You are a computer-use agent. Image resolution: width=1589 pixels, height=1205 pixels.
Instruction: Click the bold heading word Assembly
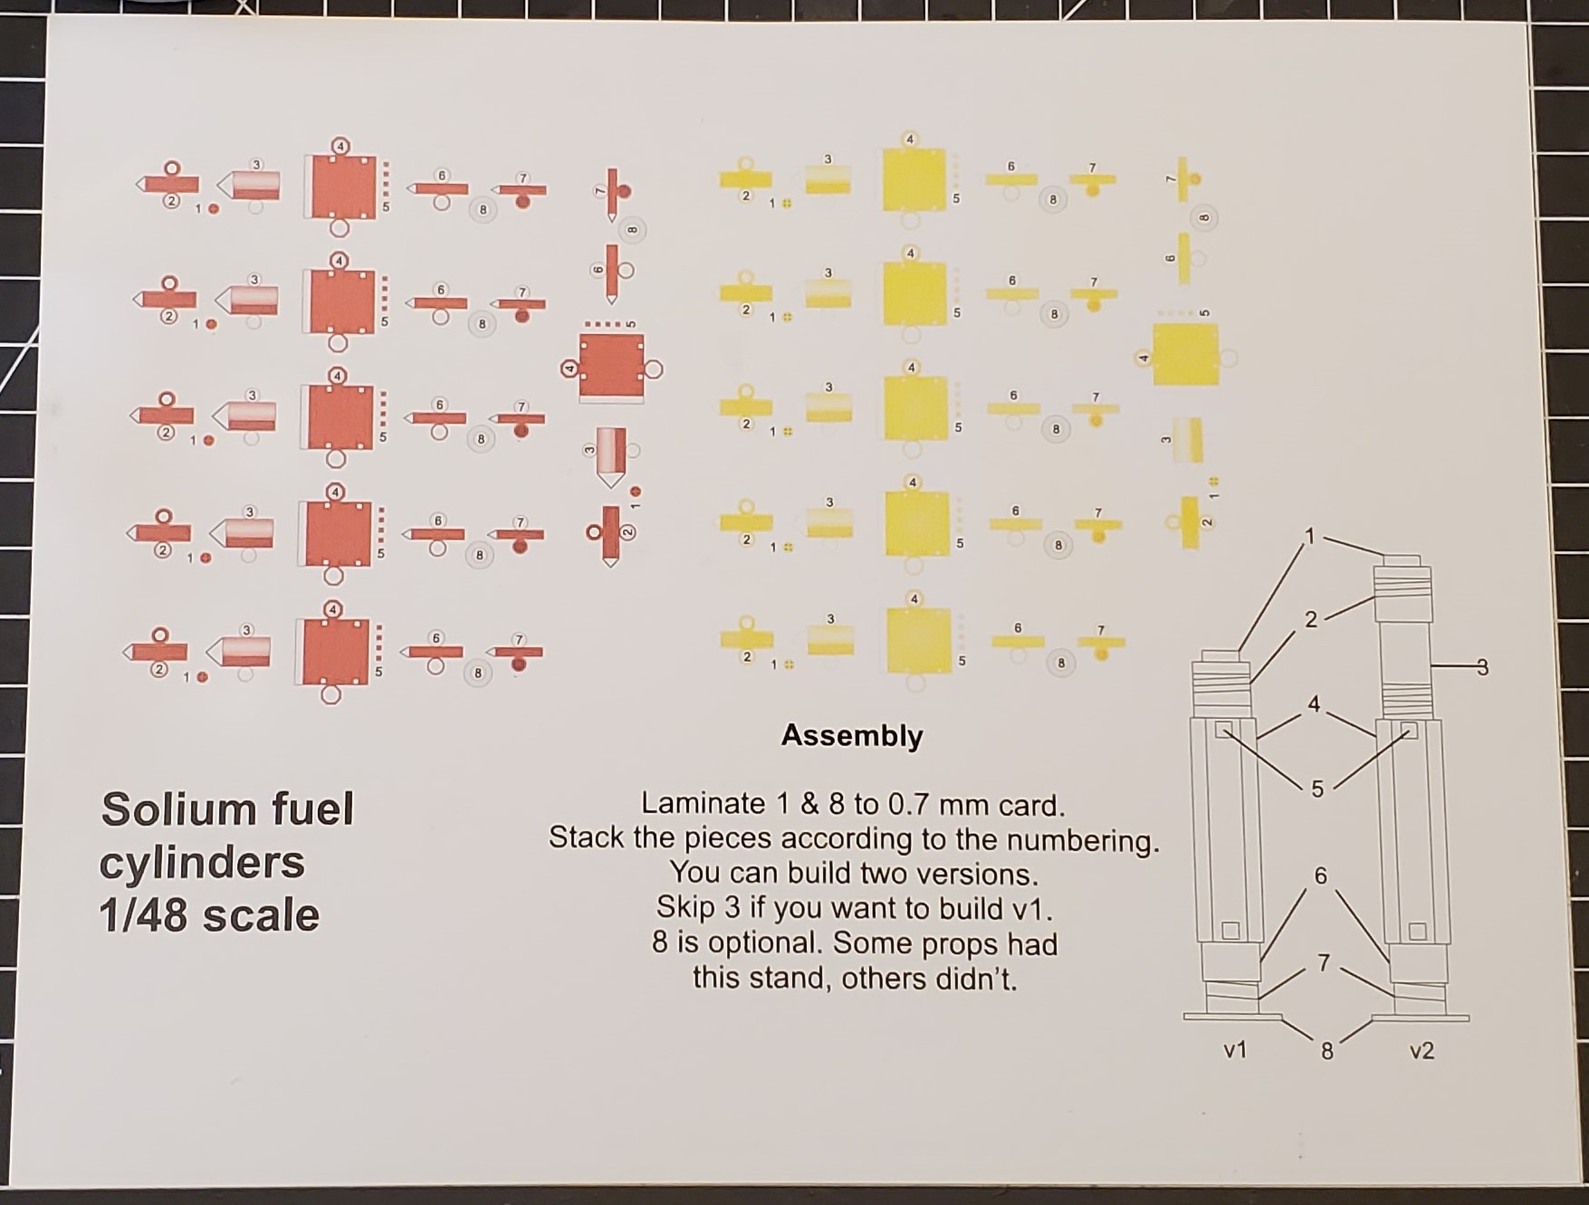(x=852, y=736)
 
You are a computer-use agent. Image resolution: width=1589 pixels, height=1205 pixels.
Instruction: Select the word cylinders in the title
(x=202, y=864)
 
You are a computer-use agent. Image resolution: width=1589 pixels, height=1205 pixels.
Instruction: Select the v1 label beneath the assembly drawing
(x=1235, y=1050)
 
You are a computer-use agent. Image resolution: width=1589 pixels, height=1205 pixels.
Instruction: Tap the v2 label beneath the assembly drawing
(x=1421, y=1051)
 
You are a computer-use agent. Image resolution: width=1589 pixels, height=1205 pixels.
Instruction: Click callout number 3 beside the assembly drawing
(x=1482, y=668)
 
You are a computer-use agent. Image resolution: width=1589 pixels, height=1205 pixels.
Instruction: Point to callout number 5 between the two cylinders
(x=1317, y=789)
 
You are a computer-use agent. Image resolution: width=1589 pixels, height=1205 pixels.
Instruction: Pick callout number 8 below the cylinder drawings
(x=1326, y=1052)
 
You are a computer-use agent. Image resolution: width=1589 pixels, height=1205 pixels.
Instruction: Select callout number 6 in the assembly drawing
(x=1320, y=875)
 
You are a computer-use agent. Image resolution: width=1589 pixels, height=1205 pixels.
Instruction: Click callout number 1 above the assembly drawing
(x=1308, y=537)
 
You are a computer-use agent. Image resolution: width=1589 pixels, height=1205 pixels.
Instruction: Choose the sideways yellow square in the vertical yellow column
(x=1185, y=356)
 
